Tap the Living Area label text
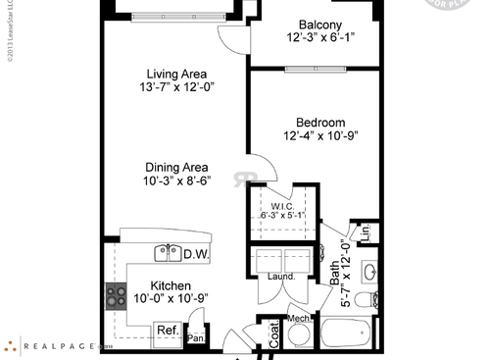tap(177, 74)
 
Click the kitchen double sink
tap(167, 253)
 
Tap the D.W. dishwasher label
tap(194, 254)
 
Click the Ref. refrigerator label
tap(167, 331)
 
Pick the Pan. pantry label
tap(195, 338)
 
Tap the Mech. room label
tap(299, 319)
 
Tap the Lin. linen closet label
tap(364, 233)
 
